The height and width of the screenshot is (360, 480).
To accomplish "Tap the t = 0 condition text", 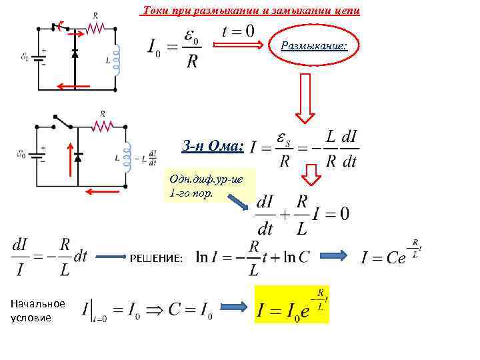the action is pyautogui.click(x=238, y=31).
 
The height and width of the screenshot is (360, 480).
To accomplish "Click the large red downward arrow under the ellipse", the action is pyautogui.click(x=305, y=97).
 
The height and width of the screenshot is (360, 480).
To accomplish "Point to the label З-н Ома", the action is pyautogui.click(x=213, y=145).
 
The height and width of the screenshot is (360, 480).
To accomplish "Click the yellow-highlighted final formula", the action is pyautogui.click(x=292, y=304).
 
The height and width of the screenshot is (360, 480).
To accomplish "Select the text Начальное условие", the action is pyautogui.click(x=37, y=310).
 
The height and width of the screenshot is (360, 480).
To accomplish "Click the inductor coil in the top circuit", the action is pyautogui.click(x=119, y=59).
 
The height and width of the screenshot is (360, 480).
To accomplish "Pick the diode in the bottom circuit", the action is pyautogui.click(x=79, y=157).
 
